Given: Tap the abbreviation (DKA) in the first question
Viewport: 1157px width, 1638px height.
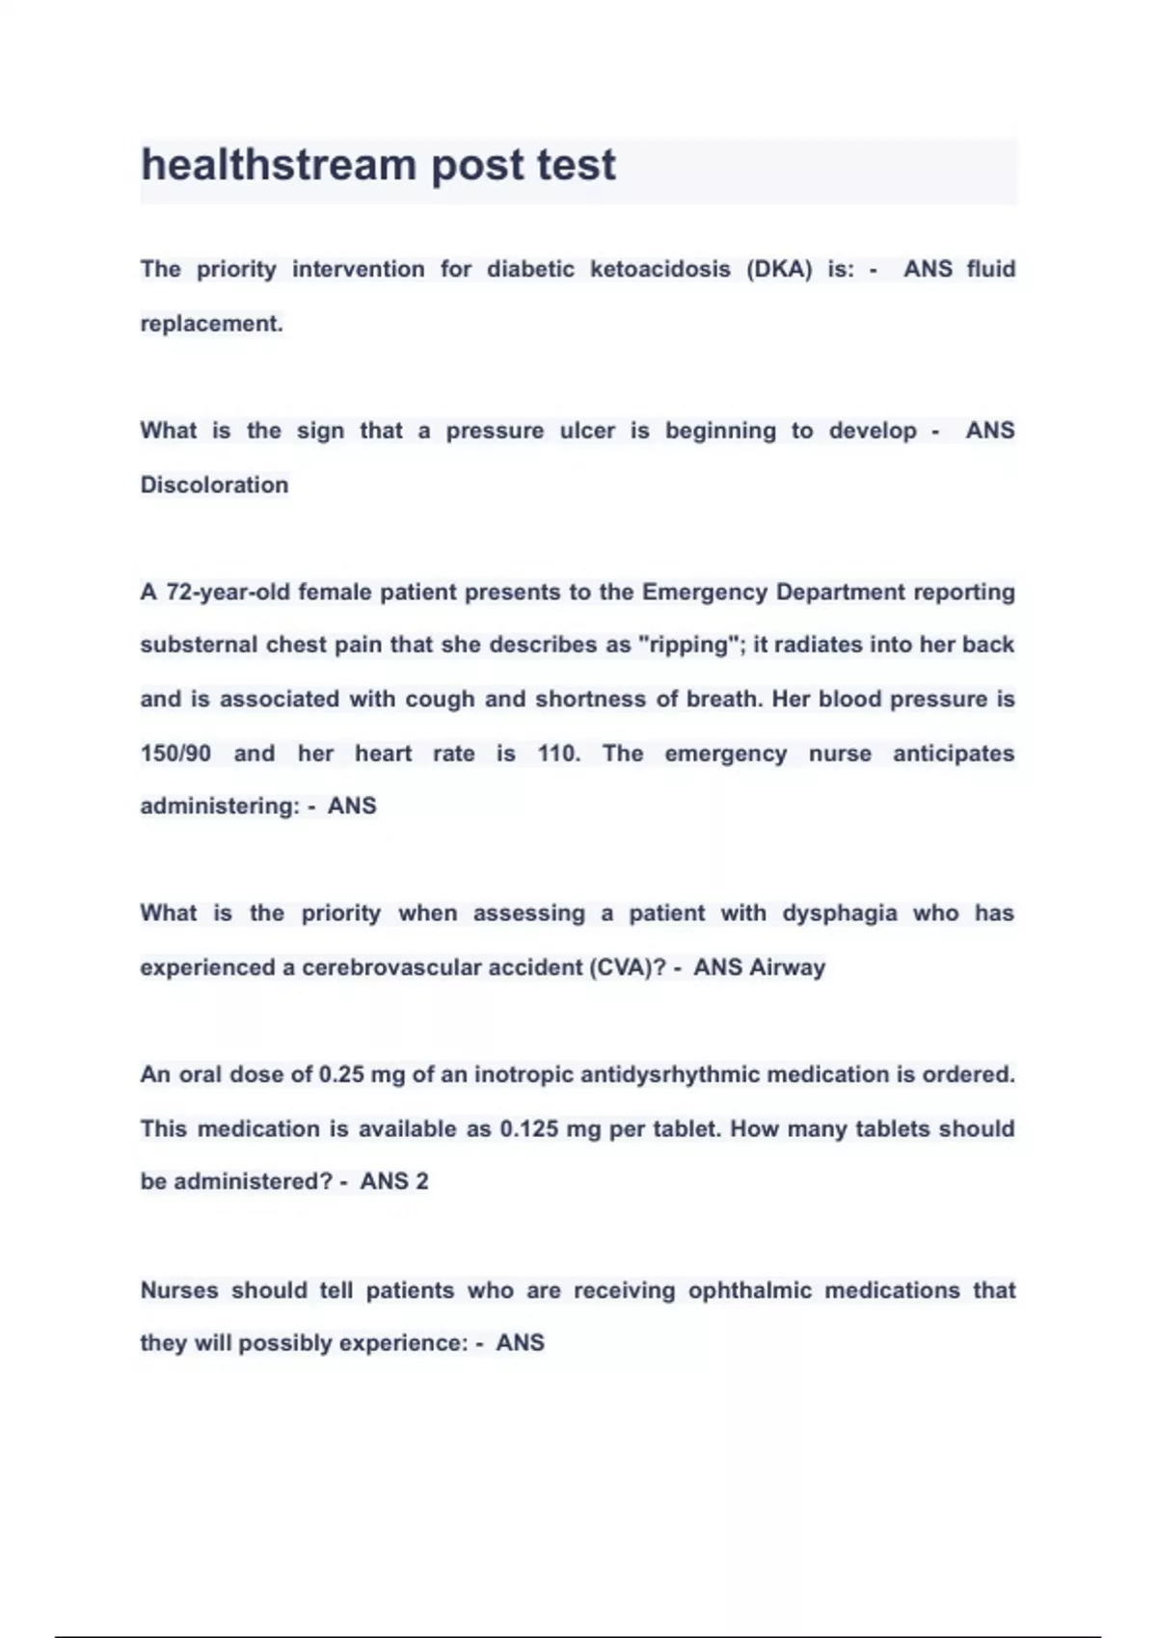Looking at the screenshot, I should (779, 270).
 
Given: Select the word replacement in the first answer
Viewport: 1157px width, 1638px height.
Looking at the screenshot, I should (211, 325).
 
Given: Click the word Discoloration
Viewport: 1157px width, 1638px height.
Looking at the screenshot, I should (214, 485).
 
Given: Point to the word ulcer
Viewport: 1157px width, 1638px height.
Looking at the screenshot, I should (587, 431).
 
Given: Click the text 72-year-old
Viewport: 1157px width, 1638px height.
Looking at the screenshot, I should (228, 592).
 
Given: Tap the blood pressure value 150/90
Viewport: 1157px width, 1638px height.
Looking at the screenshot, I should (175, 753).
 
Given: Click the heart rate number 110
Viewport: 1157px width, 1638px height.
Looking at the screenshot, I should (558, 753).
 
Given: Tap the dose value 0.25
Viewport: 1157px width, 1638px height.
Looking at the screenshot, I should (340, 1074).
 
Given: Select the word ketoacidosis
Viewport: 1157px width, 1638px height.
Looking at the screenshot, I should (659, 270).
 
